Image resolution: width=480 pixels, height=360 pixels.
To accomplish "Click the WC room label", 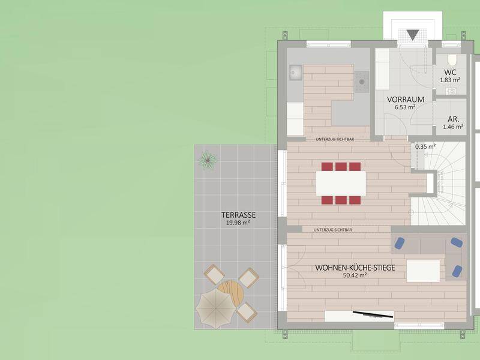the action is click(x=450, y=73).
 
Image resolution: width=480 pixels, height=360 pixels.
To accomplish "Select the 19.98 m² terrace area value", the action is click(x=238, y=223).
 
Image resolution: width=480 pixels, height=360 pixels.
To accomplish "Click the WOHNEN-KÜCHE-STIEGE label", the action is click(x=355, y=268).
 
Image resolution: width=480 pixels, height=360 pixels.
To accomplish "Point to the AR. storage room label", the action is click(x=453, y=119).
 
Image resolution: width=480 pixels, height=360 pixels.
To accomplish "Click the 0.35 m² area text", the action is click(x=425, y=146).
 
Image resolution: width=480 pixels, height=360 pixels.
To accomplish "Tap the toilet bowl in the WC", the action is click(x=452, y=59).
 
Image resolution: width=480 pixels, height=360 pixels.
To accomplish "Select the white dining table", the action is click(x=341, y=184).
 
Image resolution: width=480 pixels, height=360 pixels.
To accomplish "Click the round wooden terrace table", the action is click(x=231, y=293).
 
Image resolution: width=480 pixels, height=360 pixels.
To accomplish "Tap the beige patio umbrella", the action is click(x=216, y=308).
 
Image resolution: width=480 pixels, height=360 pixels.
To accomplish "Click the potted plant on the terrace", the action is click(x=208, y=160).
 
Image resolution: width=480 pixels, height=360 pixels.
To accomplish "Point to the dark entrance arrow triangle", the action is click(x=413, y=35).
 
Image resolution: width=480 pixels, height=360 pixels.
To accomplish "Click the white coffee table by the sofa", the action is click(x=424, y=271).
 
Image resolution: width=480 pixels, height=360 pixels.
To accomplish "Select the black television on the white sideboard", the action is click(x=373, y=314).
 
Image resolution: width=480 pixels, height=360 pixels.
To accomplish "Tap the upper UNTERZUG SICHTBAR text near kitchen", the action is click(x=335, y=139).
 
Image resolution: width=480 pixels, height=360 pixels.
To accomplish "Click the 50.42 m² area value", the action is click(x=355, y=275).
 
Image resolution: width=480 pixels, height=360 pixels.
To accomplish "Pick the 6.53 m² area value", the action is click(x=405, y=107).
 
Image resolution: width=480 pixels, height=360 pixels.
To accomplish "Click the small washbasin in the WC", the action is click(x=451, y=91).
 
